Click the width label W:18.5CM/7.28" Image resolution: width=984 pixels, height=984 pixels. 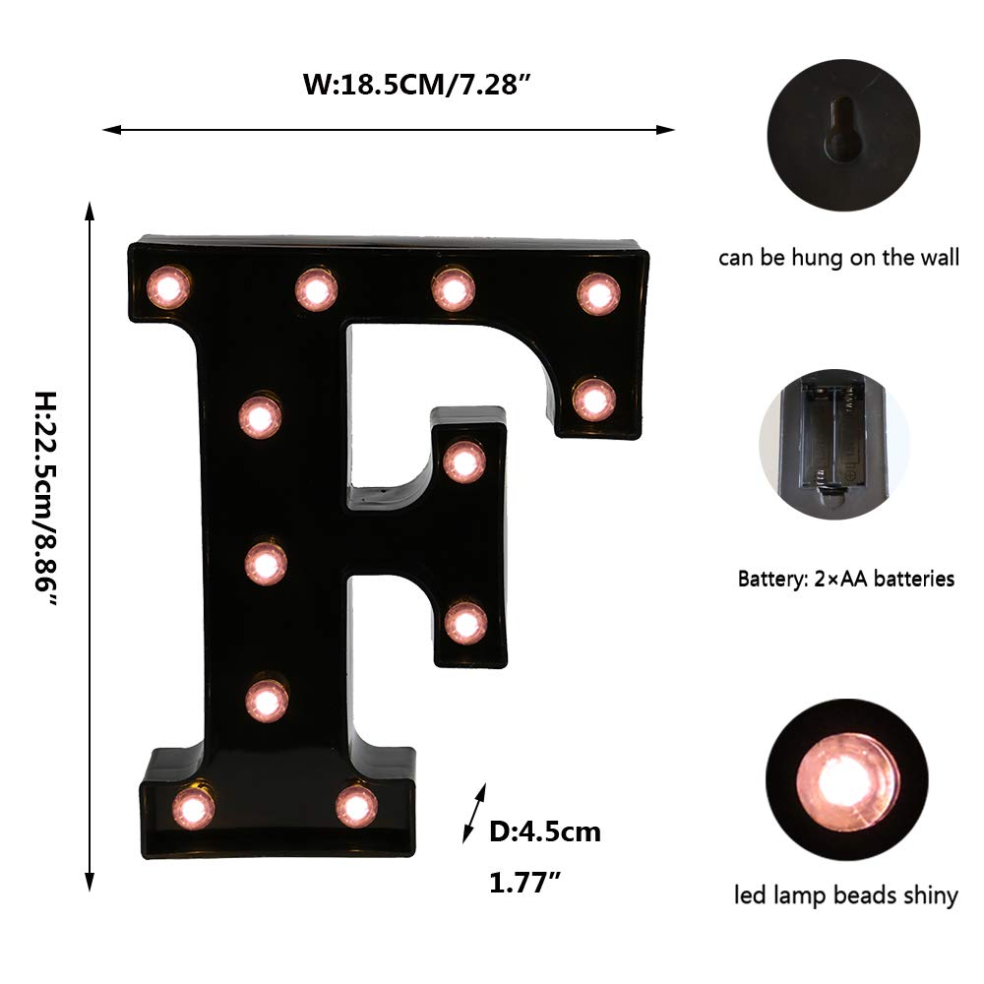pos(417,85)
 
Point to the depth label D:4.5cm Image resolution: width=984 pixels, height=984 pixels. pos(545,832)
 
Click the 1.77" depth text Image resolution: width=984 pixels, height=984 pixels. pos(525,883)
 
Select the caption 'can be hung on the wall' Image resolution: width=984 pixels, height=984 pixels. pos(838,259)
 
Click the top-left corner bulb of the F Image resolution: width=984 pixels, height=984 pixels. pos(167,287)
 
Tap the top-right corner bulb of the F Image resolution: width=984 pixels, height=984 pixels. pos(598,293)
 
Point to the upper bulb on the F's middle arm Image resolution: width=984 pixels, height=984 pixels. pos(463,461)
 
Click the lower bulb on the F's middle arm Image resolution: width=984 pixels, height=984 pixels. pos(465,622)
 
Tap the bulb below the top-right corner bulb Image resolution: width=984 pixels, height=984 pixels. pos(593,400)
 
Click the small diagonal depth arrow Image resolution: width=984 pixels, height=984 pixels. pos(474,814)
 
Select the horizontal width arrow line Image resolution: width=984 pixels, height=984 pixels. pos(389,129)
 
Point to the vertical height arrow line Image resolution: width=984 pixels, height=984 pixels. pos(90,546)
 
